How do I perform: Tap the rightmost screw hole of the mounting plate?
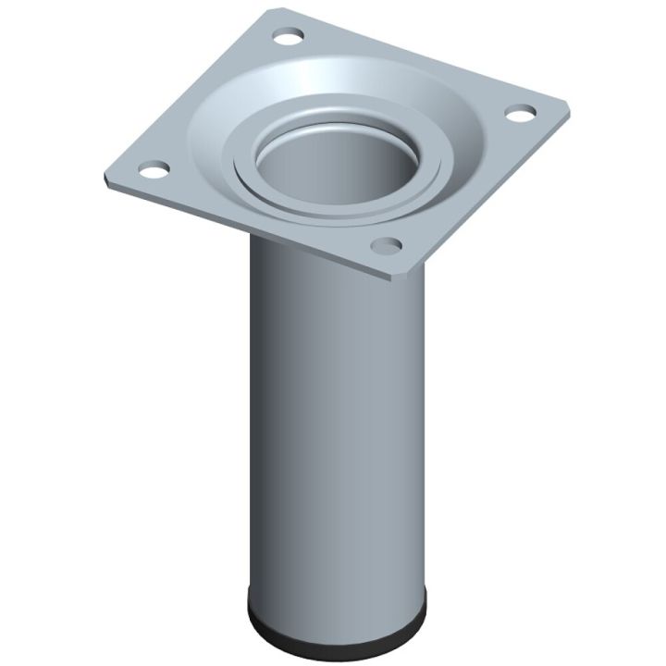point(521,115)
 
